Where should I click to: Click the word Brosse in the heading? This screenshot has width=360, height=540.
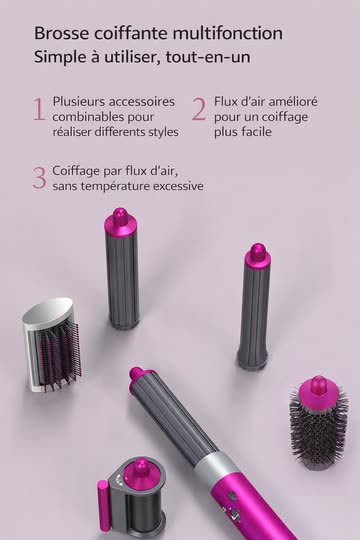[61, 33]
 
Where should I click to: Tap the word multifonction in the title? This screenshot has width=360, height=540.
[228, 33]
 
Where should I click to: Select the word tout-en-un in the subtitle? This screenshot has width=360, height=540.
[208, 57]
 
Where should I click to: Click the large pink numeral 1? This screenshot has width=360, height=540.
[39, 110]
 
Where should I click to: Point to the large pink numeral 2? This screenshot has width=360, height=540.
[199, 110]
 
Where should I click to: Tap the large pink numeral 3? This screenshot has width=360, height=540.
[40, 178]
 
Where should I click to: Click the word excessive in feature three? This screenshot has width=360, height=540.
[178, 186]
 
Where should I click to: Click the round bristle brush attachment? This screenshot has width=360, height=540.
[318, 422]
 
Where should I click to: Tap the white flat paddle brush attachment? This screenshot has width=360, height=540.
[52, 345]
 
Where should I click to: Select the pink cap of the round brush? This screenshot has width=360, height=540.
[318, 391]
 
